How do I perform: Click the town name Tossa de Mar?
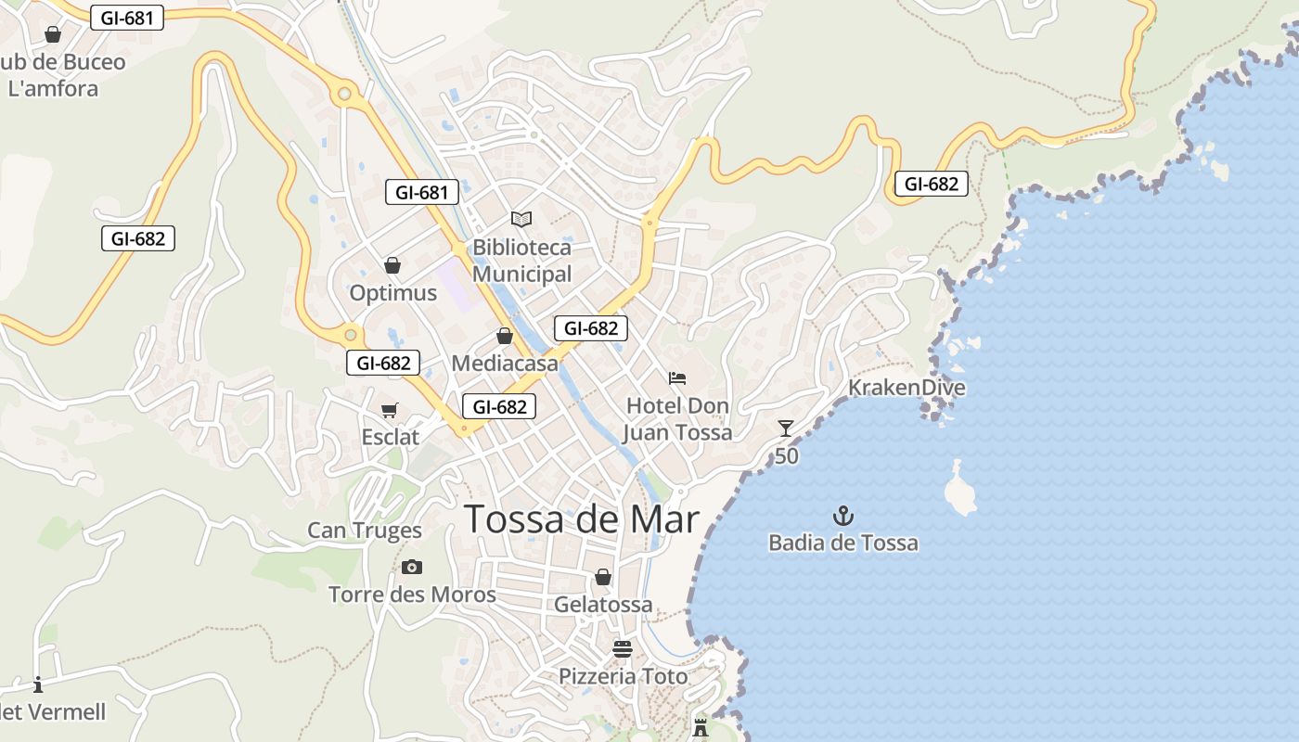click(x=581, y=519)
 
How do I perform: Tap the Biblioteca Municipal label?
click(x=521, y=261)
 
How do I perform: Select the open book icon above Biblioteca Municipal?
click(x=521, y=220)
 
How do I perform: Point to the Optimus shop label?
click(x=392, y=293)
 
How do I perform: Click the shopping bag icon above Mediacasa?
click(x=505, y=336)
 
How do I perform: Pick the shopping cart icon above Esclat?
click(x=390, y=410)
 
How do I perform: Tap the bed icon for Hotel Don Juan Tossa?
click(x=677, y=378)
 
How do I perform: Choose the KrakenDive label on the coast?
click(x=907, y=388)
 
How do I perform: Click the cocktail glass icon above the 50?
click(x=786, y=428)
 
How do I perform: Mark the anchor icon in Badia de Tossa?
click(x=843, y=516)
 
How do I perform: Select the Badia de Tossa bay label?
click(x=843, y=543)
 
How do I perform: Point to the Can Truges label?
click(x=365, y=531)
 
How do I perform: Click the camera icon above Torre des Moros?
click(x=412, y=567)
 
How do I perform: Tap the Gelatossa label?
click(x=603, y=605)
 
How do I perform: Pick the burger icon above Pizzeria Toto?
click(x=622, y=648)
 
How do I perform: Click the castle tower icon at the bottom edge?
click(x=701, y=727)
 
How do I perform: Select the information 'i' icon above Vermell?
click(x=38, y=685)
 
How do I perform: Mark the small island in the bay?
click(x=959, y=490)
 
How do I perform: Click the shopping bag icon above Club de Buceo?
click(x=53, y=34)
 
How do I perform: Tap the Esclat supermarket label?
click(x=390, y=437)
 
